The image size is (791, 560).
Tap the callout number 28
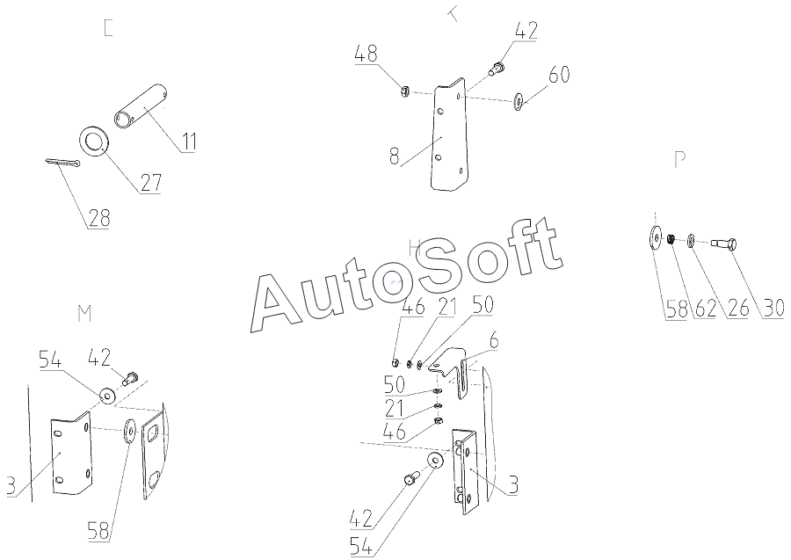point(98,217)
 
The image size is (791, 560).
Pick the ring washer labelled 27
point(94,140)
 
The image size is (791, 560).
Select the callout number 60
point(560,75)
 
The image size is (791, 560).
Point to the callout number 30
point(773,308)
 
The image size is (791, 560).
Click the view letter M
point(85,314)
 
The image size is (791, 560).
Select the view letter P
point(679,160)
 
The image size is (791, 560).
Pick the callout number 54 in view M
point(49,360)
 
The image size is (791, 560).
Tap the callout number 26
point(739,308)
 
